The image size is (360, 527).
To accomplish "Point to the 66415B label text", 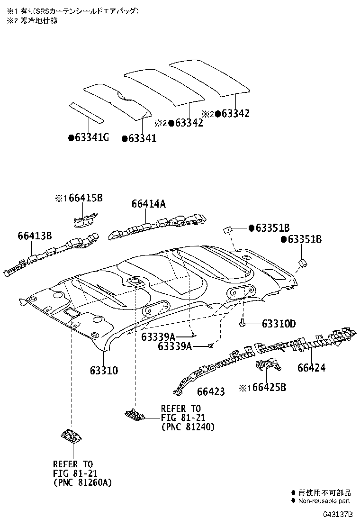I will (85, 198).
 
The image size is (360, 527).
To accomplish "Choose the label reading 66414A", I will (148, 204).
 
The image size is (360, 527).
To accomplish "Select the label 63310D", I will (279, 324).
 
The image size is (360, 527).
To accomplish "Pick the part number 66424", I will (311, 367).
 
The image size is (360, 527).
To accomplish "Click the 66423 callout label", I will (211, 391).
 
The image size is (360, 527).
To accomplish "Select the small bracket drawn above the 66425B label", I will (267, 367).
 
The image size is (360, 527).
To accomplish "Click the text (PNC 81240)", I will (188, 427).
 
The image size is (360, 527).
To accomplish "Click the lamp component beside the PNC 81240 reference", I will (135, 415).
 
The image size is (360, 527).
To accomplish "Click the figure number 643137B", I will (338, 514).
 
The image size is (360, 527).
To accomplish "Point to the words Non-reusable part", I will (324, 500).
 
